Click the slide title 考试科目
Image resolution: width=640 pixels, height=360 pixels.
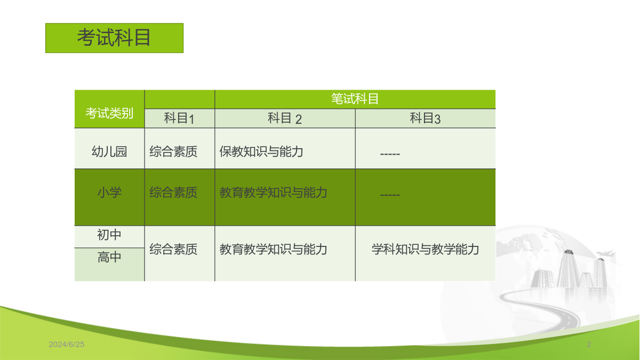tap(114, 38)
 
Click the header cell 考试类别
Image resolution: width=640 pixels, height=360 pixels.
tap(109, 113)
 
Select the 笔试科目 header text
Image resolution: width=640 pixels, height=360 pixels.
tap(355, 99)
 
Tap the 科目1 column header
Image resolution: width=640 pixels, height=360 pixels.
tap(179, 118)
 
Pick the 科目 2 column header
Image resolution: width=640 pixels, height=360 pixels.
tap(285, 118)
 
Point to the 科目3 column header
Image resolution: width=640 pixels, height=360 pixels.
tap(425, 118)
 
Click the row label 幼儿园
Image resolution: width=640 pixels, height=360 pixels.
tap(109, 151)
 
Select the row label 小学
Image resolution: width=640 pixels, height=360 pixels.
tap(109, 193)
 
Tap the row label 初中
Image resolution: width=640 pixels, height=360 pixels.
tap(109, 235)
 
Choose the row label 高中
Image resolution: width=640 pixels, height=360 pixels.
tap(109, 257)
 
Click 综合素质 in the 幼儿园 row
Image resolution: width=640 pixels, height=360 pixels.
tap(173, 151)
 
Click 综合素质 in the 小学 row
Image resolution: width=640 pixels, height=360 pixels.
tap(173, 193)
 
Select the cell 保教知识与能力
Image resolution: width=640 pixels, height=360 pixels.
tap(261, 151)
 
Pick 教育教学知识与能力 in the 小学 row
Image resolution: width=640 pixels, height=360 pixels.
tap(273, 193)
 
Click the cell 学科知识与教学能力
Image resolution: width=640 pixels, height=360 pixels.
tap(425, 249)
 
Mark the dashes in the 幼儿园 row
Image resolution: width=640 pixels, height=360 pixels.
tap(390, 154)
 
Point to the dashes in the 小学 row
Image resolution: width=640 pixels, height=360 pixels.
tap(390, 195)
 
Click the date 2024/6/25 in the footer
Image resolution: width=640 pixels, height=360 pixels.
tap(67, 345)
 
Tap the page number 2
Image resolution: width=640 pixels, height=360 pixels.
tap(589, 345)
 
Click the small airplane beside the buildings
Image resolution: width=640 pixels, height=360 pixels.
tap(605, 253)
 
